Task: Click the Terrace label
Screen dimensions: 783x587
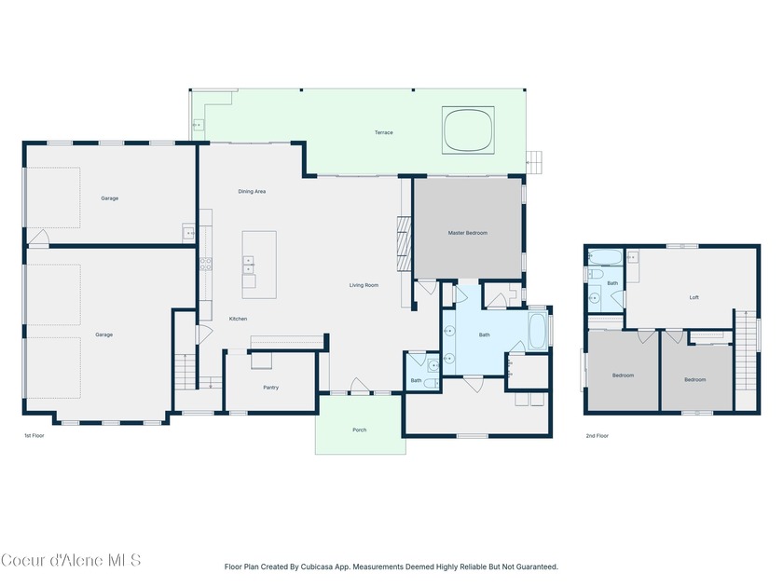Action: click(383, 132)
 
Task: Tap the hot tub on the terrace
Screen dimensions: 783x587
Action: click(468, 130)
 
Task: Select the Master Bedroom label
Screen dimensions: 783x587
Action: click(467, 233)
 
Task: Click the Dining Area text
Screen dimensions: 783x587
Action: click(252, 191)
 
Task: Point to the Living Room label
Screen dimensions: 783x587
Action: click(364, 285)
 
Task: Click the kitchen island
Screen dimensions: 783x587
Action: click(259, 265)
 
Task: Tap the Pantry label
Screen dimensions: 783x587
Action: click(270, 388)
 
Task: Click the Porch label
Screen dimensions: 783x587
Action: click(360, 430)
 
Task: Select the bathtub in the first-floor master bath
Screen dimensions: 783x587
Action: click(538, 331)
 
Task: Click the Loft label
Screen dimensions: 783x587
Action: click(694, 297)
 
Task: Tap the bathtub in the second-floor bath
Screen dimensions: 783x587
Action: click(605, 257)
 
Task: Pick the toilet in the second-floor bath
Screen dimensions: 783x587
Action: click(596, 274)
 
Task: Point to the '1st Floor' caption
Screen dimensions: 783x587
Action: click(34, 436)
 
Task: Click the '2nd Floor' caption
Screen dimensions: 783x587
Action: click(598, 436)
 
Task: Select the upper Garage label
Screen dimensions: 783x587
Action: click(109, 198)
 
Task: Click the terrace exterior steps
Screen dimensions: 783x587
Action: click(534, 162)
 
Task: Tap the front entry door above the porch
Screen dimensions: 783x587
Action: click(360, 388)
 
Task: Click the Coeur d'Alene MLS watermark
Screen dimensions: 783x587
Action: click(71, 560)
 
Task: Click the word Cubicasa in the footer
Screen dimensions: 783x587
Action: click(317, 567)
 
